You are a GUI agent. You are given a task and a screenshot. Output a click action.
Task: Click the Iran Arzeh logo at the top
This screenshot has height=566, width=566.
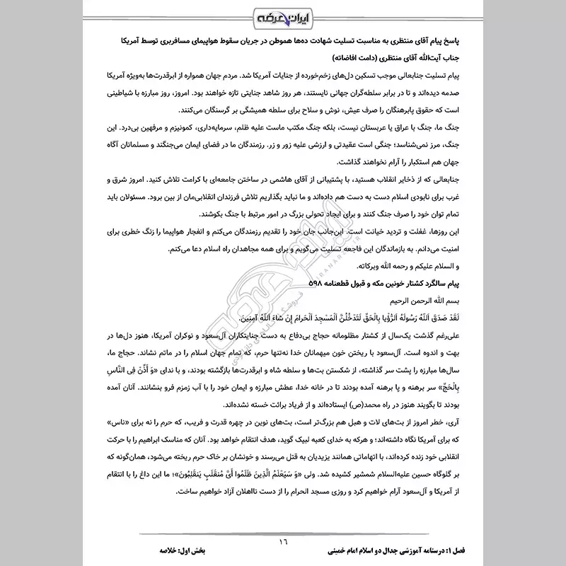pos(282,16)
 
